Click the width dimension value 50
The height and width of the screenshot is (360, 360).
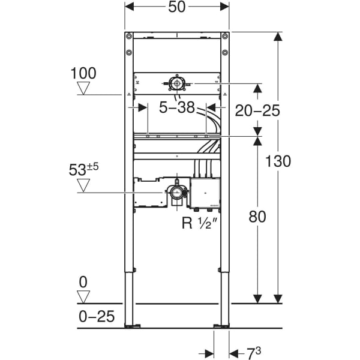[x=177, y=7]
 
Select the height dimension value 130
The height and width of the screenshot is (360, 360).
[x=279, y=161]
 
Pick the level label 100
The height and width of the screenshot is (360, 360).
[x=83, y=73]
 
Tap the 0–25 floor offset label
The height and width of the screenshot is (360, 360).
[x=97, y=316]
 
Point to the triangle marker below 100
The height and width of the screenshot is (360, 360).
[x=83, y=89]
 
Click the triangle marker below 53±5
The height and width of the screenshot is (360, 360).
[x=83, y=185]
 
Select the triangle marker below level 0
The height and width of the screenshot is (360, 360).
[x=83, y=296]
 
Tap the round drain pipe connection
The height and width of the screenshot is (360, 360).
[x=176, y=193]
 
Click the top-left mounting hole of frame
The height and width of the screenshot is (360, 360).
[x=128, y=37]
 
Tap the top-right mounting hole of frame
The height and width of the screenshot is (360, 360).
[x=224, y=37]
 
